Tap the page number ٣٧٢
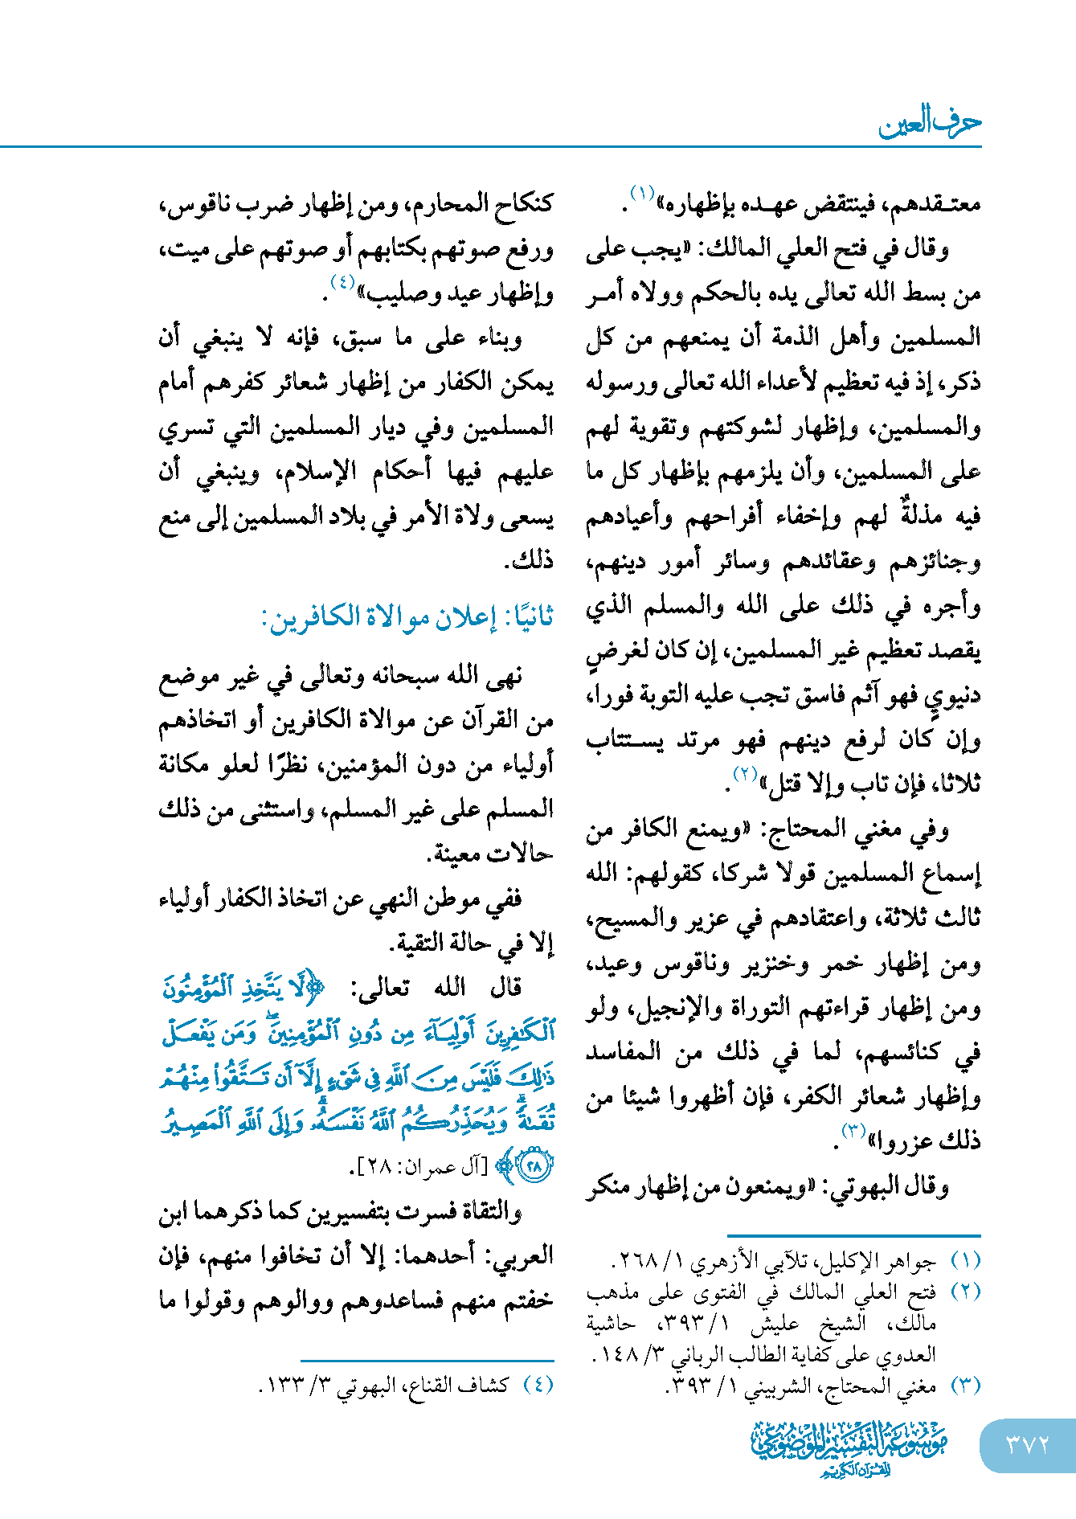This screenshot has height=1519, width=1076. click(1028, 1445)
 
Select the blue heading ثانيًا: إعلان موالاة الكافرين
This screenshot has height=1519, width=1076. click(407, 618)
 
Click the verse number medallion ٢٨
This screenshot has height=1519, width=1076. click(534, 1165)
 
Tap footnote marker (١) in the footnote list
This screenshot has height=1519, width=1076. click(965, 1262)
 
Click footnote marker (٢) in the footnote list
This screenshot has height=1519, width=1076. click(965, 1292)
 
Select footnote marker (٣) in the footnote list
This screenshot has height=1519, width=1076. click(965, 1386)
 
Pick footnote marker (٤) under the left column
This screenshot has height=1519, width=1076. click(538, 1385)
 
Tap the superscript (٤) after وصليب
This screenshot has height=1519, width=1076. click(342, 283)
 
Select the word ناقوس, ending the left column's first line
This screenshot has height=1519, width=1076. click(194, 203)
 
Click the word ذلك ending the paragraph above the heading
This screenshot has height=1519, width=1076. click(529, 560)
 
